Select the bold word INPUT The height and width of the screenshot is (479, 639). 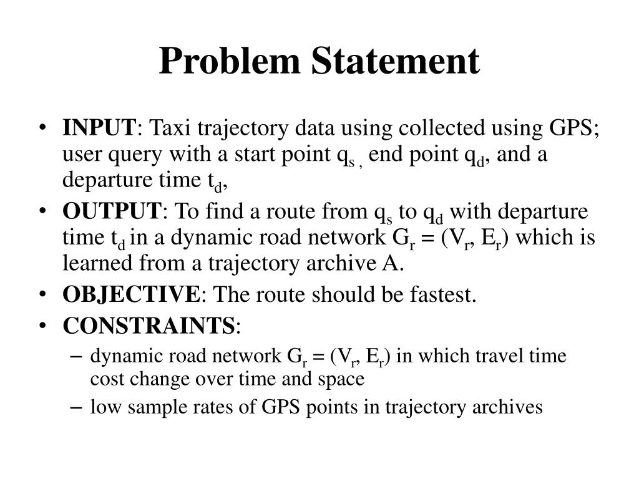tap(99, 128)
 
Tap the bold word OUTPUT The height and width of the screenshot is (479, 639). tap(112, 211)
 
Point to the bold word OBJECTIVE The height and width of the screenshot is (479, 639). tap(131, 294)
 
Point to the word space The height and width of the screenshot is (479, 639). tap(341, 379)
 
